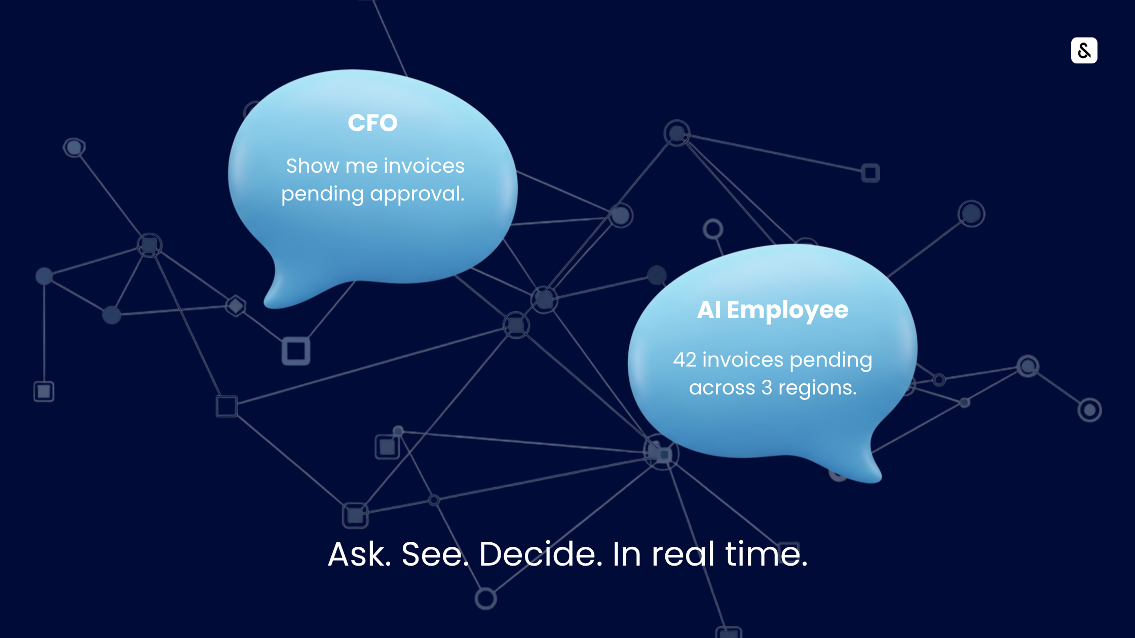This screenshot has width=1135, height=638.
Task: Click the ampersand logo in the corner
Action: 1084,50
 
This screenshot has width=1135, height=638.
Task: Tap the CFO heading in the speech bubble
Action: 372,123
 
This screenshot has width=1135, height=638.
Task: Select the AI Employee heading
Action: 772,310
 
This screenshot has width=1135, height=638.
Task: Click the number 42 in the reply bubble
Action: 685,360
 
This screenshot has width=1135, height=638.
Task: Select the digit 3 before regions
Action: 767,388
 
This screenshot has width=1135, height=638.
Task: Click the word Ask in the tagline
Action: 359,554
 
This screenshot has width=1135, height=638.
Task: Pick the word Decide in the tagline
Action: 541,554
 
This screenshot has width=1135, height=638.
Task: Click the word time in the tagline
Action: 766,554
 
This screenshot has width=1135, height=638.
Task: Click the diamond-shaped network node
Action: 236,306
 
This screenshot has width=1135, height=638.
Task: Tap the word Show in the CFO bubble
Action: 313,166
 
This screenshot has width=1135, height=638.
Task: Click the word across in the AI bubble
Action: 722,388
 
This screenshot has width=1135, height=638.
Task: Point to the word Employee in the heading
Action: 787,310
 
